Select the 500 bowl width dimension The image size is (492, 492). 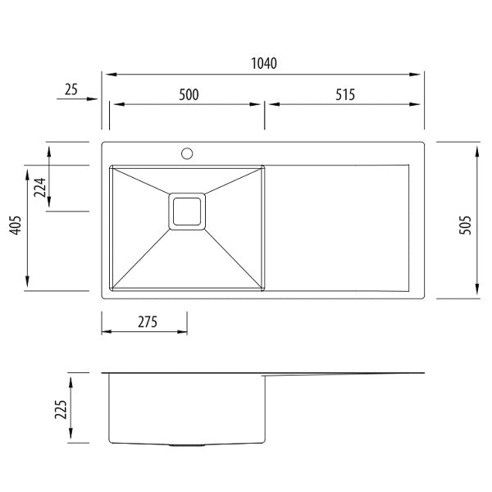189,94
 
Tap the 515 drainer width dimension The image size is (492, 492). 344,94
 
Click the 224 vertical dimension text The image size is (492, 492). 39,189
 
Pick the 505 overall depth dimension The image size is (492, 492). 466,220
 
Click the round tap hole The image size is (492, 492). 187,153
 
